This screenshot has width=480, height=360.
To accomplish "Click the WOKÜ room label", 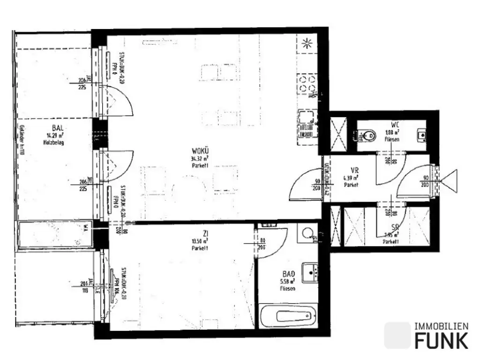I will tap(200, 151).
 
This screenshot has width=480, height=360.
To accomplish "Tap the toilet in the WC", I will tap(367, 136).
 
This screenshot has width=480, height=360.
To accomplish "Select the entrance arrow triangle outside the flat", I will tap(450, 180).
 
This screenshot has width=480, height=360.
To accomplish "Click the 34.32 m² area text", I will tap(200, 158).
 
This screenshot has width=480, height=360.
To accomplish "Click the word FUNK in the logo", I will tap(441, 339).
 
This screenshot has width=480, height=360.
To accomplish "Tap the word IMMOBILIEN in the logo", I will tap(441, 326).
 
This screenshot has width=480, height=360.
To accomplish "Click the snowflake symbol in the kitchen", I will tap(307, 45).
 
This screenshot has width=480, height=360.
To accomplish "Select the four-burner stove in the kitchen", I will tap(307, 85).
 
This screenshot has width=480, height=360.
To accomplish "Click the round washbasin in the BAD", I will tap(308, 233).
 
